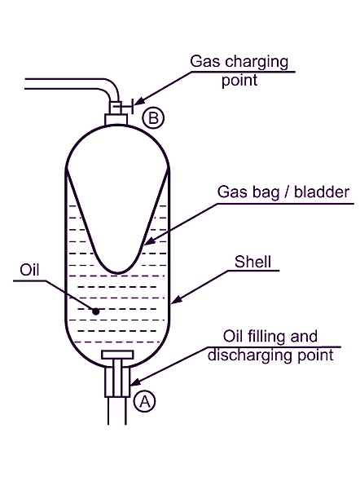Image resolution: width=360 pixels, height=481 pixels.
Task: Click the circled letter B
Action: click(153, 118)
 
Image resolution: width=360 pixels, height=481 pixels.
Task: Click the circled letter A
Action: click(145, 401)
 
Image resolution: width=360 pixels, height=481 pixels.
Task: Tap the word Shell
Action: click(252, 262)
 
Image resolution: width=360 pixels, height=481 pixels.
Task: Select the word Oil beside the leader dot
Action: click(29, 270)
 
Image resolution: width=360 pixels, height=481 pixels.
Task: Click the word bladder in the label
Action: click(322, 192)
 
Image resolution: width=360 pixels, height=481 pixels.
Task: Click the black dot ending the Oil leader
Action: click(96, 311)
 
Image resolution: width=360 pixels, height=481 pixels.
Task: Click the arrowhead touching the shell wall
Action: click(177, 300)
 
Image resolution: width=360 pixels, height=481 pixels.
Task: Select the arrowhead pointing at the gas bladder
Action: click(148, 240)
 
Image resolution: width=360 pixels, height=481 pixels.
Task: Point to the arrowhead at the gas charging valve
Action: click(139, 102)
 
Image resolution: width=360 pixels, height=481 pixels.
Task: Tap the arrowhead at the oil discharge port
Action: click(136, 382)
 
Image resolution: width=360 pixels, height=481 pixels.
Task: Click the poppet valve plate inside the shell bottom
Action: click(117, 355)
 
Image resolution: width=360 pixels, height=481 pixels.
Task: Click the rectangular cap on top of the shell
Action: click(116, 119)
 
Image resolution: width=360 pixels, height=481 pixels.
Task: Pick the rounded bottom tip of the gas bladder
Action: click(118, 272)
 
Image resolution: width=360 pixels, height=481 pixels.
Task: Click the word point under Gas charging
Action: click(239, 81)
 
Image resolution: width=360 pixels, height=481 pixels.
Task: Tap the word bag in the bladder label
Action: click(266, 192)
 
